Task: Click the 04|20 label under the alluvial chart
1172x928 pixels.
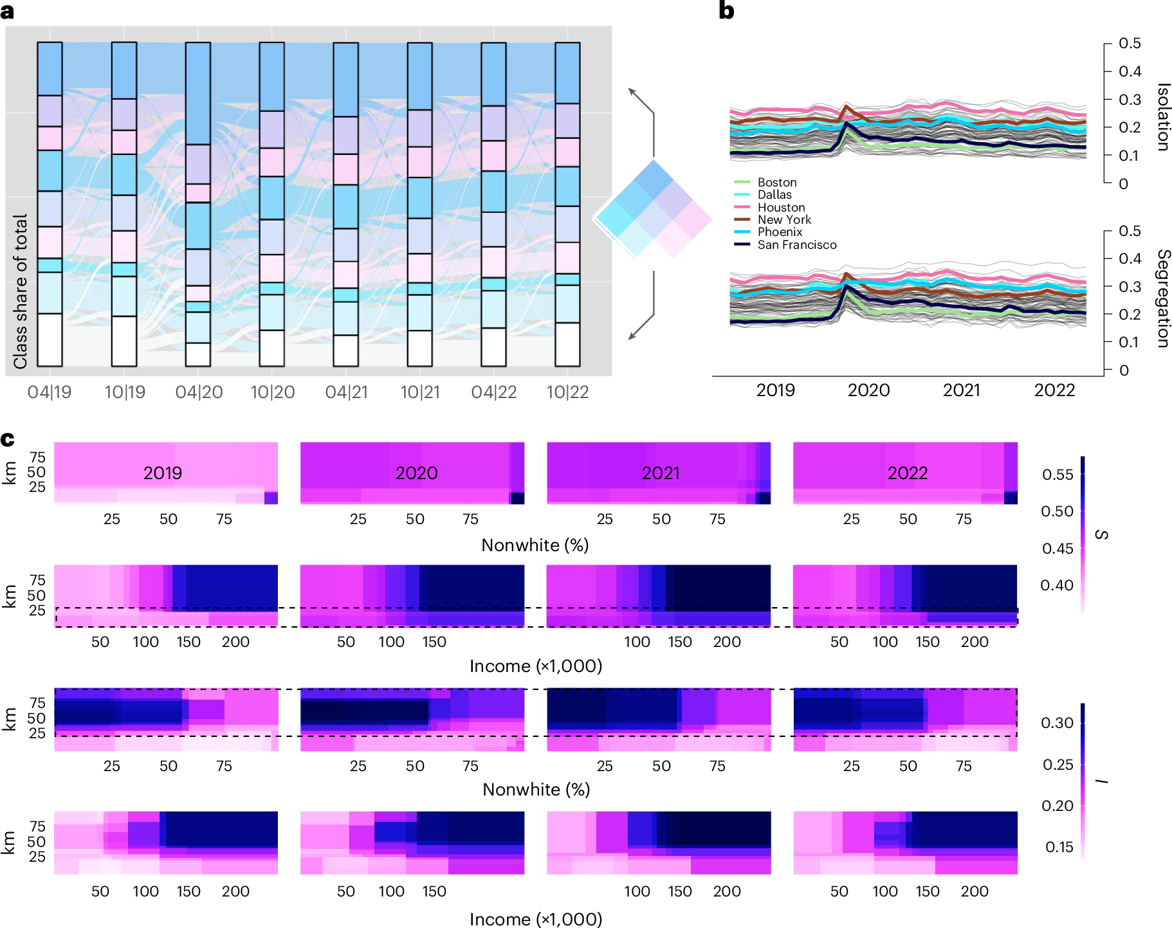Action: coord(199,392)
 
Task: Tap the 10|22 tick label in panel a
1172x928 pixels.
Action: coord(567,392)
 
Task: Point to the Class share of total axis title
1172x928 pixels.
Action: coord(21,291)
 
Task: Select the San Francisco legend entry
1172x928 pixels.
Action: coord(796,245)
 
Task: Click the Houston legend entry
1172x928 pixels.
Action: coord(781,208)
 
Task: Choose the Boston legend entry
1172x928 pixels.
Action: coord(776,183)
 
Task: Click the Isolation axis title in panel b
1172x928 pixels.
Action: coord(1162,117)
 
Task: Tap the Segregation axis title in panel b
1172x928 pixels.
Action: coord(1162,298)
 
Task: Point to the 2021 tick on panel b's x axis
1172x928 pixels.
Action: coord(961,390)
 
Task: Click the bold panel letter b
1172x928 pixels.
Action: coord(726,11)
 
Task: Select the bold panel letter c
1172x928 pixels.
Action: coord(8,439)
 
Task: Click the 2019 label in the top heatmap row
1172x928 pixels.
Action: coord(162,473)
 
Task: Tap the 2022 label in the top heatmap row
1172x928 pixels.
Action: coord(907,473)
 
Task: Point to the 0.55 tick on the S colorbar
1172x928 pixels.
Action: coord(1058,475)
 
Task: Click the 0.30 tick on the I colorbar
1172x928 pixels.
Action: coord(1057,723)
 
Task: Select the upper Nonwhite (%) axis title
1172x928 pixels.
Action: coord(535,545)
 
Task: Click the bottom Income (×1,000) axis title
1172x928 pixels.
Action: coord(535,919)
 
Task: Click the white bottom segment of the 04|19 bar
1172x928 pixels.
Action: coord(50,340)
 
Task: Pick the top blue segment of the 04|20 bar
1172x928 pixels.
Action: coord(198,93)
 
